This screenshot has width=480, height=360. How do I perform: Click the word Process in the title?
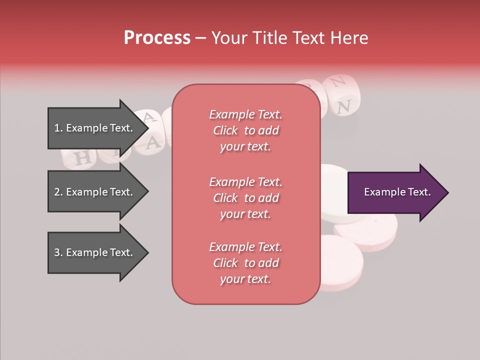click(157, 38)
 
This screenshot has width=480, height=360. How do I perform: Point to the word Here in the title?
click(348, 38)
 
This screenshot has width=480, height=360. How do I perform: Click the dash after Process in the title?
click(201, 38)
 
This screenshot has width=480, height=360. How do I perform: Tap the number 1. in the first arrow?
click(58, 128)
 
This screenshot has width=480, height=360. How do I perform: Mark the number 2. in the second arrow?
click(58, 192)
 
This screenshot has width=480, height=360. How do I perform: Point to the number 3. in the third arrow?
click(58, 252)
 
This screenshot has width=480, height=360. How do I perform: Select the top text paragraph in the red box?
click(245, 130)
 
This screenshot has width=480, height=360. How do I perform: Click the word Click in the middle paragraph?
click(225, 198)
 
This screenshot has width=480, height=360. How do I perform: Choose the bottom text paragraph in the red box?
click(245, 263)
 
